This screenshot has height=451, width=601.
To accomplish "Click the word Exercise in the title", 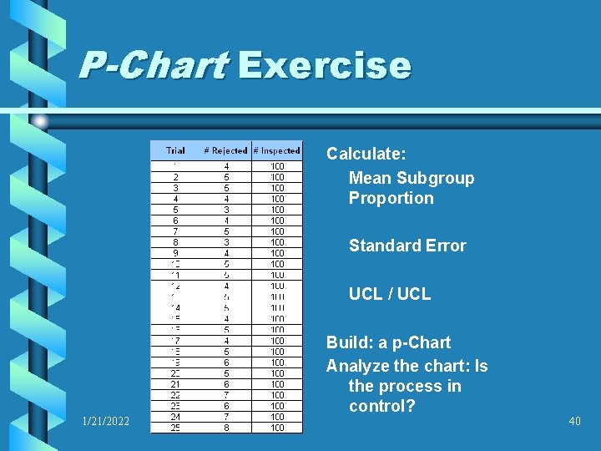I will (324, 66).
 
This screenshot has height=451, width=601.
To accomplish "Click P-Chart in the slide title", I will (154, 66).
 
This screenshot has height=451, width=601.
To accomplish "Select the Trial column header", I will (175, 151).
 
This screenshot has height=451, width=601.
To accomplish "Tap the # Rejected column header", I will (225, 151).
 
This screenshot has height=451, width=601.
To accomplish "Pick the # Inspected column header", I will (276, 151).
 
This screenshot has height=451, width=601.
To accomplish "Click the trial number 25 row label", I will (175, 428).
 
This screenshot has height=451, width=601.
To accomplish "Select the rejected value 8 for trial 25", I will (225, 428).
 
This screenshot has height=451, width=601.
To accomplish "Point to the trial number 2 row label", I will (175, 177).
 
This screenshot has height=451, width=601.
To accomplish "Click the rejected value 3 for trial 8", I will (225, 242).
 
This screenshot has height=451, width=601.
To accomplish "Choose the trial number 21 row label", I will (175, 384).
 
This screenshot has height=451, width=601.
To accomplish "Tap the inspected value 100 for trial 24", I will (276, 417).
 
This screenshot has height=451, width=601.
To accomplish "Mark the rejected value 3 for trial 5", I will (225, 210).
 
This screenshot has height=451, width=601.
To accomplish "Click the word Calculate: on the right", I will (366, 155).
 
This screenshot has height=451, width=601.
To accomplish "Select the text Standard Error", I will (407, 246).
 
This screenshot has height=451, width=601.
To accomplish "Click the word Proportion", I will (391, 199).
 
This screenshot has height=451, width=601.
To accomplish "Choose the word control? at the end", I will (382, 408).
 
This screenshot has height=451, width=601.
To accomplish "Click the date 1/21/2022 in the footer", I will (106, 422).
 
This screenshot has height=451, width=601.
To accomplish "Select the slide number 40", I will (574, 422).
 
